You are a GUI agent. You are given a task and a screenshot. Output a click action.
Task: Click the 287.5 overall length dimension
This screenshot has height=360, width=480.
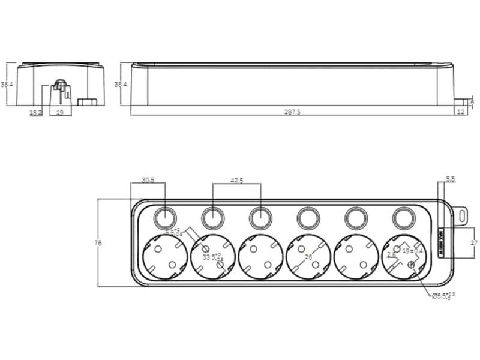pyautogui.click(x=295, y=112)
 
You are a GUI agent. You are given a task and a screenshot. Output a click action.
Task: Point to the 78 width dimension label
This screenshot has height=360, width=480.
pyautogui.click(x=98, y=243)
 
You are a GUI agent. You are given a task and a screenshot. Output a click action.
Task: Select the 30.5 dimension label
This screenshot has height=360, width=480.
pyautogui.click(x=148, y=180)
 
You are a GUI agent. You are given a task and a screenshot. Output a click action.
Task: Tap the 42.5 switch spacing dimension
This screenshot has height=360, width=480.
pyautogui.click(x=236, y=180)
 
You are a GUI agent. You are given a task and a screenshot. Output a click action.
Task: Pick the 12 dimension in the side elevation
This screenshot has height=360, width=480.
pyautogui.click(x=460, y=112)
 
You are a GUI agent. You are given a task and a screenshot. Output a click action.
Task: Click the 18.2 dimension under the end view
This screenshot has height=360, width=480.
pyautogui.click(x=36, y=112)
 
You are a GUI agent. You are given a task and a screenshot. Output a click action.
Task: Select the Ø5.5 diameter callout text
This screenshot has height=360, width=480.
pyautogui.click(x=442, y=296)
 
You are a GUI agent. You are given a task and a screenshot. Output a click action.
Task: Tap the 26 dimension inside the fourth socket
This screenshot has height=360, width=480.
pyautogui.click(x=309, y=257)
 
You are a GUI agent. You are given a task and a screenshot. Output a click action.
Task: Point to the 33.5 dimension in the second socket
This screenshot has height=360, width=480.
pyautogui.click(x=210, y=257)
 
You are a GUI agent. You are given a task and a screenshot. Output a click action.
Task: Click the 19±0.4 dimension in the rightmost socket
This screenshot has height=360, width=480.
pyautogui.click(x=413, y=251)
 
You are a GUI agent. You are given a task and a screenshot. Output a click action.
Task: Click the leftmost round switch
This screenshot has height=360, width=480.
pyautogui.click(x=164, y=218)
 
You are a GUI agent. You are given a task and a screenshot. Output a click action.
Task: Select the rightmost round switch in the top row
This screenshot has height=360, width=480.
pyautogui.click(x=403, y=218)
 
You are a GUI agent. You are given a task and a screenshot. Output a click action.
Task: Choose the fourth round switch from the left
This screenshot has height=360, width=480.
pyautogui.click(x=308, y=218)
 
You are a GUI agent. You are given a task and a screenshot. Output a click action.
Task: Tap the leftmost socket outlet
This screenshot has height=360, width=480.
pyautogui.click(x=163, y=257)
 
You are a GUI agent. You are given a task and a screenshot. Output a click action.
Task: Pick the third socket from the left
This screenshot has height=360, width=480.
pyautogui.click(x=259, y=257)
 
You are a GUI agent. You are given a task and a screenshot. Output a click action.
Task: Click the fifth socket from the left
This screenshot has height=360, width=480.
pyautogui.click(x=355, y=257)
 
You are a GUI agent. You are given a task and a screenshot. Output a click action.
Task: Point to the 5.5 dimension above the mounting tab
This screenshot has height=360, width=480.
pyautogui.click(x=451, y=179)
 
